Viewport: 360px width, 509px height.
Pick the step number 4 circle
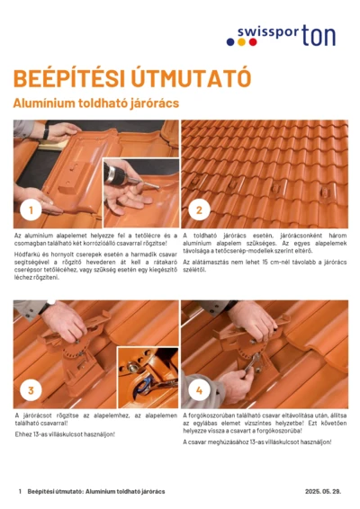click(200, 389)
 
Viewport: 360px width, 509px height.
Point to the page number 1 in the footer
click(20, 492)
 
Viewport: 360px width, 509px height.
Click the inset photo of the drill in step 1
click(139, 190)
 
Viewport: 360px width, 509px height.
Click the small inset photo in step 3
click(146, 372)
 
